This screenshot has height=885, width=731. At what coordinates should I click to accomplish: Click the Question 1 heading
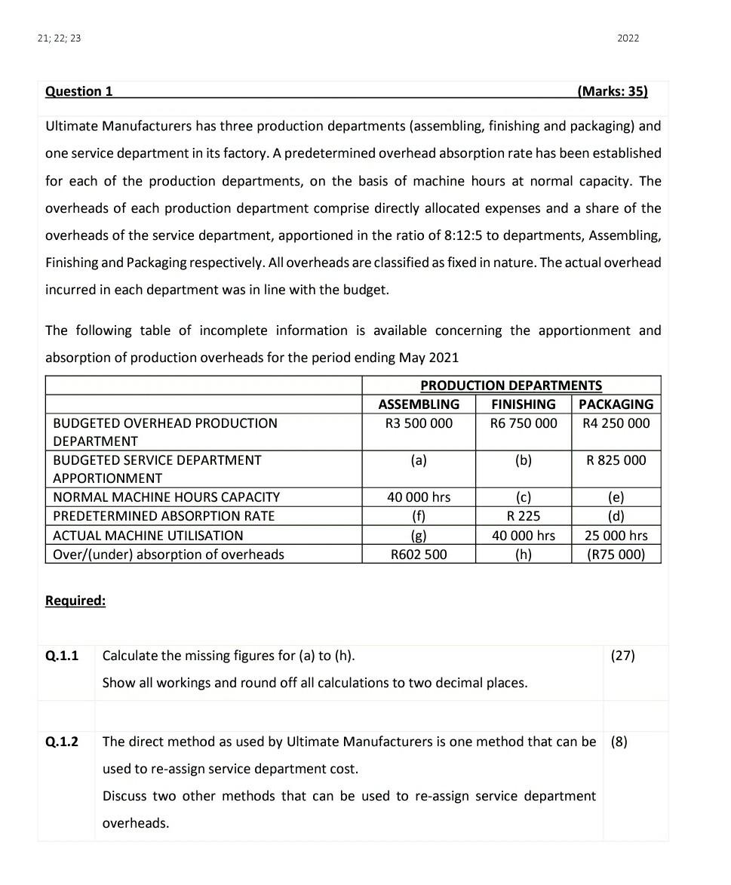(79, 91)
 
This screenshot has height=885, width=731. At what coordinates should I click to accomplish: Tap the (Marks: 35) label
(612, 91)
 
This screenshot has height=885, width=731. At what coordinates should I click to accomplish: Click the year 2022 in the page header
(628, 38)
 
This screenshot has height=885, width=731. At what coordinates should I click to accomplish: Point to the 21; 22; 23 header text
(59, 38)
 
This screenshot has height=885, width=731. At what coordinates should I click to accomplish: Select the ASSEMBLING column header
(419, 404)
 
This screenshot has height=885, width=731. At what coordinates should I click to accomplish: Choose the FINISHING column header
(524, 404)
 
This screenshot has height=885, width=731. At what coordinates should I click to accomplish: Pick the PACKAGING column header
(616, 404)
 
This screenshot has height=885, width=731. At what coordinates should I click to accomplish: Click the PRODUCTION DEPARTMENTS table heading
(511, 386)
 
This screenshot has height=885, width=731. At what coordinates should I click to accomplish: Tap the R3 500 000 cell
(419, 423)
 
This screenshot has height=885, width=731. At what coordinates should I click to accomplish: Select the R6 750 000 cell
(524, 423)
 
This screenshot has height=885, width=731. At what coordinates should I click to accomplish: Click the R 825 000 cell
(616, 460)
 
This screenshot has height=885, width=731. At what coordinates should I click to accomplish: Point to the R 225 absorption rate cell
(524, 516)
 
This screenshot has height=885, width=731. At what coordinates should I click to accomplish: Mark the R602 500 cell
(419, 555)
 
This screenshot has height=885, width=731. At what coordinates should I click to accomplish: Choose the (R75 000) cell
(616, 555)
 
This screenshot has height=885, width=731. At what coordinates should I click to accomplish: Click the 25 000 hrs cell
(616, 536)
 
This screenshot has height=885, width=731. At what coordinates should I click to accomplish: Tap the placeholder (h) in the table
(524, 555)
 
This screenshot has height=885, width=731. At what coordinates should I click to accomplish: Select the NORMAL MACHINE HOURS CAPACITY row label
(166, 497)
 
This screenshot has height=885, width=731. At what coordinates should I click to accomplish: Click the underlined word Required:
(75, 601)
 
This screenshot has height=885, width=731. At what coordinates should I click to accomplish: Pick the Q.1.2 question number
(62, 742)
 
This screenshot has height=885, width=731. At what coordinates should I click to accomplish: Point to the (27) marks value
(623, 656)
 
